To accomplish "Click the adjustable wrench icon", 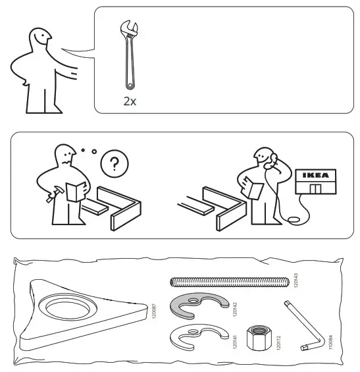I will (129, 57).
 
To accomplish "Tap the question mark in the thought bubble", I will (115, 165).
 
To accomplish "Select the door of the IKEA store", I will (316, 190).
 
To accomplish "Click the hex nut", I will (257, 341).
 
